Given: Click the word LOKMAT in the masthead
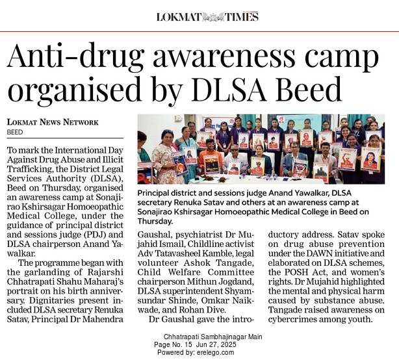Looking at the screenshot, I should [x=177, y=17].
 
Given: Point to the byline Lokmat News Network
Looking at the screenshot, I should [x=53, y=122].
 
